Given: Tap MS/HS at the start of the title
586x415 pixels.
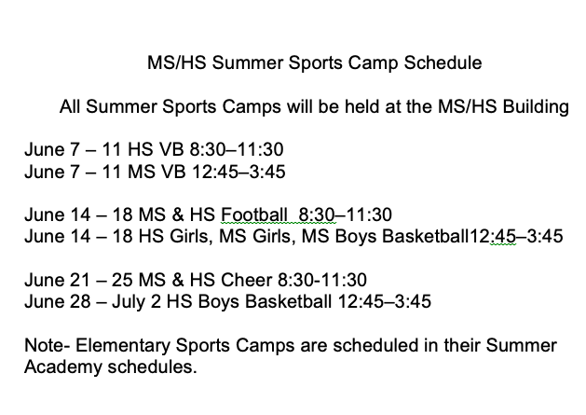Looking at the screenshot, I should pyautogui.click(x=174, y=65).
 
